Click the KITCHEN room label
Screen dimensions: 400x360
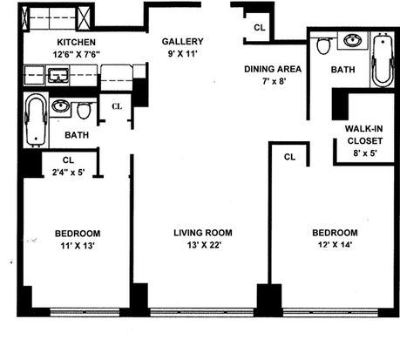coord(76,42)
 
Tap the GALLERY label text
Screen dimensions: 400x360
coord(182,42)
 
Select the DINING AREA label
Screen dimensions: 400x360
coord(273,69)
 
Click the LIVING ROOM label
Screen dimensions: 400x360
coord(203,233)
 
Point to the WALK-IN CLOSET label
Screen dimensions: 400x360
coord(364,134)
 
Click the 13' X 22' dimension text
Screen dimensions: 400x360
coord(205,245)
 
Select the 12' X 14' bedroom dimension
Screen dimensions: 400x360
coord(335,245)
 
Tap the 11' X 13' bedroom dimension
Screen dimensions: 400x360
coord(78,246)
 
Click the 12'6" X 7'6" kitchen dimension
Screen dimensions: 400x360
coord(77,54)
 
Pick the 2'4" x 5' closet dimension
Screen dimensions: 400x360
coord(68,173)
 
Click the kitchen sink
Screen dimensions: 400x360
coord(58,75)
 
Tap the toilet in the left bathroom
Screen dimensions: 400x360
coord(84,110)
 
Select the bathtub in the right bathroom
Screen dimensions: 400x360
coord(383,60)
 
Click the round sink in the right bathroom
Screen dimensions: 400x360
coord(353,40)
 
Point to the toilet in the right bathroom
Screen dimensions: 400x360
coord(324,46)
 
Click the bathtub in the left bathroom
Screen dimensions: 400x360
coord(36,120)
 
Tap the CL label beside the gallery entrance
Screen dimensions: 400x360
coord(260,28)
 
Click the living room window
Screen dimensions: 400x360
coord(202,312)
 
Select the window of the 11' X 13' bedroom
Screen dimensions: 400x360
coord(85,312)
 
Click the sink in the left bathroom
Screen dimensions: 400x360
coord(61,106)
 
